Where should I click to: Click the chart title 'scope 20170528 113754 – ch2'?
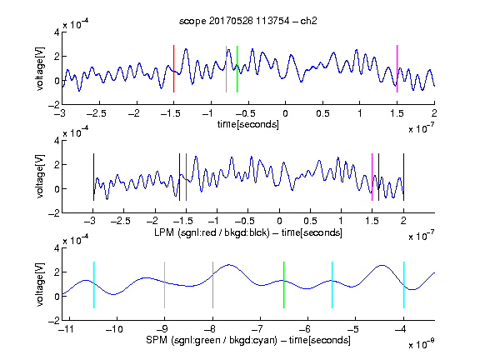pyautogui.click(x=248, y=21)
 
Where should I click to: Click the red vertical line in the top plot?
pyautogui.click(x=173, y=68)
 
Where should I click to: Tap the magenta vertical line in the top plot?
pyautogui.click(x=397, y=68)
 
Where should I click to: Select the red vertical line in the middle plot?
pyautogui.click(x=186, y=177)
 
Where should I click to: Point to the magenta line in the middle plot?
pyautogui.click(x=372, y=177)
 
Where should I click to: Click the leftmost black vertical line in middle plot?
pyautogui.click(x=93, y=177)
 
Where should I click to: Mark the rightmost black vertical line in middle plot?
pyautogui.click(x=404, y=177)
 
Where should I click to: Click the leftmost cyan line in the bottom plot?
pyautogui.click(x=93, y=285)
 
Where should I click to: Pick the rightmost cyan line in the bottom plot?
pyautogui.click(x=404, y=285)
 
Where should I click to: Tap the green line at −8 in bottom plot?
pyautogui.click(x=212, y=285)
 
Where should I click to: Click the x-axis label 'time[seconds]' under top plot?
pyautogui.click(x=248, y=124)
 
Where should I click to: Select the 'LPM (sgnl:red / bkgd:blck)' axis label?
pyautogui.click(x=212, y=232)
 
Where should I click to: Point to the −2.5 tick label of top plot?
pyautogui.click(x=97, y=114)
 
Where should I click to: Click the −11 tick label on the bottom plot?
pyautogui.click(x=67, y=329)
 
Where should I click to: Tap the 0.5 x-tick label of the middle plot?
pyautogui.click(x=310, y=221)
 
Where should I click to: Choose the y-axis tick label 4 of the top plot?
pyautogui.click(x=57, y=32)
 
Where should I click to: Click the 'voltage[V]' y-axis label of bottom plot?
pyautogui.click(x=40, y=285)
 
